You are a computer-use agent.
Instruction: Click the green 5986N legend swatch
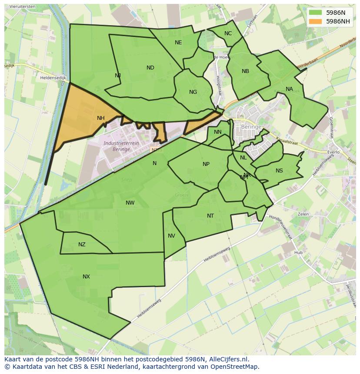(x=316, y=13)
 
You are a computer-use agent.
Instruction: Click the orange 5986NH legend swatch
(x=316, y=21)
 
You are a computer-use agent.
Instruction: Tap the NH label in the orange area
(x=101, y=118)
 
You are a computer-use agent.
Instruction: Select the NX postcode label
(x=86, y=277)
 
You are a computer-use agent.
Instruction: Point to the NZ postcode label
(x=82, y=245)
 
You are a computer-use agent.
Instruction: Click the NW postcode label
(x=130, y=203)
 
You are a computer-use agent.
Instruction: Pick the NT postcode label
(x=210, y=216)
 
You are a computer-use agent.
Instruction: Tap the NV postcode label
(x=171, y=236)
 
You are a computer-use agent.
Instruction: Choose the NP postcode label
(x=206, y=164)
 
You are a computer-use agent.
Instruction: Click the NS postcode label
(x=279, y=171)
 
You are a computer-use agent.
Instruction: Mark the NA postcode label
(x=289, y=89)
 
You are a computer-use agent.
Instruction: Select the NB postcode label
(x=245, y=71)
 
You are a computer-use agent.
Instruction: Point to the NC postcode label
(x=228, y=33)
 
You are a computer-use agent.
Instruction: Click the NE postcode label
(x=178, y=43)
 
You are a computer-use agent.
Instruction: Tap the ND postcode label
(x=150, y=68)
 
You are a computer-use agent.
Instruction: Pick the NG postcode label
(x=193, y=92)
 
